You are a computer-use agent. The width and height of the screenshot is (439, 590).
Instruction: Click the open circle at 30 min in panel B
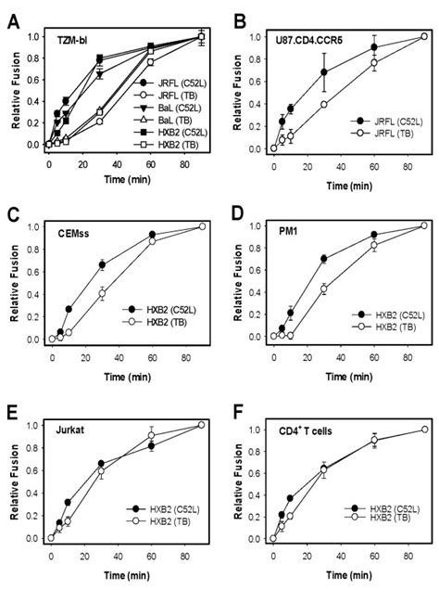point(324,104)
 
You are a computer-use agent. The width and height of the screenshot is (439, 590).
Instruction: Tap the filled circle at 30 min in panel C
point(103,264)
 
